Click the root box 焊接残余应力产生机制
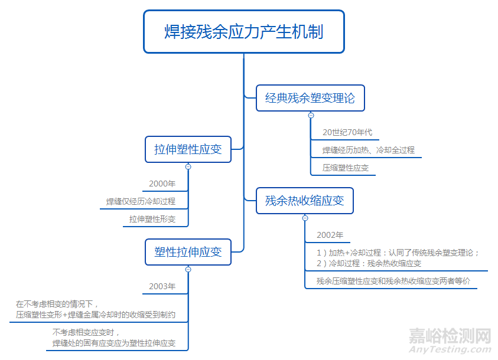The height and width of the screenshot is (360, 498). [243, 31]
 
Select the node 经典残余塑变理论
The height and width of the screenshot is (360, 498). [310, 98]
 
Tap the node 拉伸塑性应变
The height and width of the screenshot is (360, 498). [188, 149]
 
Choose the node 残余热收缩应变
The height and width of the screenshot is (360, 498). [304, 201]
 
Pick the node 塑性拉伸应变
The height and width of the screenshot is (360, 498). [188, 252]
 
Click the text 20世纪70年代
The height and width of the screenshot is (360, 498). [347, 132]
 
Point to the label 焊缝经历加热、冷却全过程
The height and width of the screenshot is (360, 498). [368, 150]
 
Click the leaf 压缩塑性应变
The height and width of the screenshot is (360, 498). [346, 168]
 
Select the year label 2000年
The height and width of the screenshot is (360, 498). [162, 184]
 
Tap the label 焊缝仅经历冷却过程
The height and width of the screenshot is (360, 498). [141, 201]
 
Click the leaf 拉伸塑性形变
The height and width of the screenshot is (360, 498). [152, 219]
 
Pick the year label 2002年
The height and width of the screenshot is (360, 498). [330, 235]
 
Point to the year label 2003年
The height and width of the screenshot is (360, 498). [162, 286]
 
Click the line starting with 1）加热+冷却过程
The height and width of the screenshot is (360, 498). [398, 253]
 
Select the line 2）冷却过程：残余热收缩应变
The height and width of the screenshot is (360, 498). [369, 263]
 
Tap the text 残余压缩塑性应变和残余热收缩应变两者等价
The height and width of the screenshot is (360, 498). [393, 281]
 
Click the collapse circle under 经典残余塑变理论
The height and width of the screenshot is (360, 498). [311, 115]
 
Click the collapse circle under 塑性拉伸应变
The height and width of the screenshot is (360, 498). [188, 269]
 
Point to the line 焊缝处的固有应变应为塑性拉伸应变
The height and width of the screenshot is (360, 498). [113, 343]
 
